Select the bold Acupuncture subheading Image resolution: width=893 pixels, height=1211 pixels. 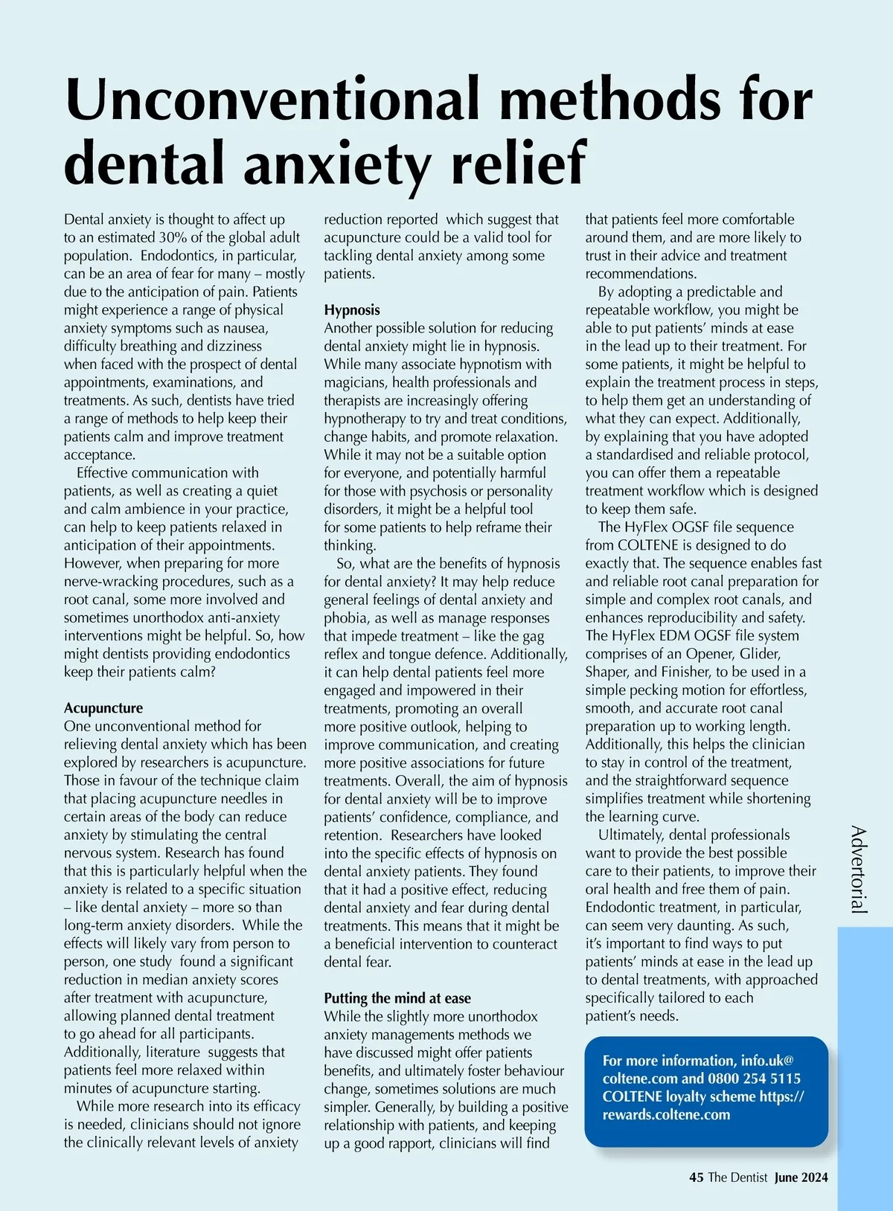[x=103, y=708]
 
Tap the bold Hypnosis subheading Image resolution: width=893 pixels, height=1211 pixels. [x=352, y=310]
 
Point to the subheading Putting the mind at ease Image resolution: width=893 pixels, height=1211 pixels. [x=397, y=998]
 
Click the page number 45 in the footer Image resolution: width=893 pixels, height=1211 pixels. [x=697, y=1178]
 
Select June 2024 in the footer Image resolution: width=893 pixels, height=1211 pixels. [x=801, y=1178]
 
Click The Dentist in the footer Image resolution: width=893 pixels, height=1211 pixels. [x=737, y=1178]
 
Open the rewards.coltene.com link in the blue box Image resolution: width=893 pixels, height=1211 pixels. [x=666, y=1114]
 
